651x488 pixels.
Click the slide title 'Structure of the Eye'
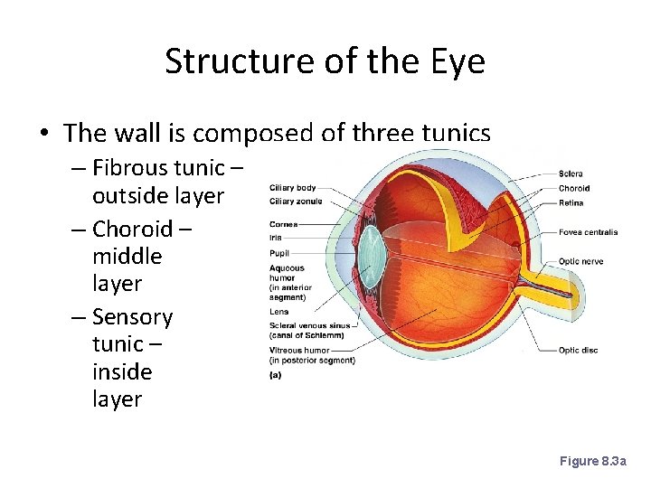[325, 62]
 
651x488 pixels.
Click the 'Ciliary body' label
[292, 188]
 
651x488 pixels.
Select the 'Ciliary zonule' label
[295, 202]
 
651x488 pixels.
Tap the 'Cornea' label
[283, 224]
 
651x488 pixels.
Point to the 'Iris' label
[275, 238]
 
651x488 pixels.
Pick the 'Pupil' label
[278, 254]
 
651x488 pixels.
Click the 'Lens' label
[278, 312]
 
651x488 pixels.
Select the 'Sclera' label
[571, 174]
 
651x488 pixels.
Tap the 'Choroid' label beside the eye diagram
[574, 188]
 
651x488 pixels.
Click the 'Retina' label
[571, 202]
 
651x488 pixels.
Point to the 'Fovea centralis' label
[588, 232]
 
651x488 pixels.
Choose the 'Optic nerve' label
[580, 261]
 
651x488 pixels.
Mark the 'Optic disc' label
[578, 351]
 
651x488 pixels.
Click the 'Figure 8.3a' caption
[592, 461]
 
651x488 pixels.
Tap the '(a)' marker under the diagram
[275, 375]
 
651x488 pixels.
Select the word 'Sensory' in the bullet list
[132, 316]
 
